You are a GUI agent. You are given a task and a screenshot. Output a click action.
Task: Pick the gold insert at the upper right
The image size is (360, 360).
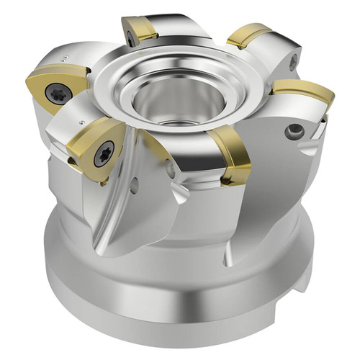(248, 35)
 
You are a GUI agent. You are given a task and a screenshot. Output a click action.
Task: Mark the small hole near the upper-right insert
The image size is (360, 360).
(293, 63)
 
